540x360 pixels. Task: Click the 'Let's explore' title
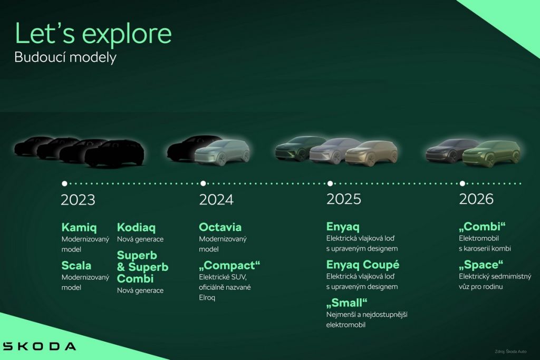click(93, 34)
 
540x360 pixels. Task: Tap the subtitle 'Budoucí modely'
click(65, 57)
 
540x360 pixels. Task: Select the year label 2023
click(78, 200)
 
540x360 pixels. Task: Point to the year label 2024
click(216, 200)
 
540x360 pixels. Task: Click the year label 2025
click(344, 199)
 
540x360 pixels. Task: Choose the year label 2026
click(476, 199)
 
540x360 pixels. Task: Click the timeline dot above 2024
click(203, 183)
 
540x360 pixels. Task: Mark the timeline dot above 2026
click(462, 183)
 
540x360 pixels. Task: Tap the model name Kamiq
click(79, 228)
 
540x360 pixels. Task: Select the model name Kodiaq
click(137, 228)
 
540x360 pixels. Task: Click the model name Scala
click(76, 265)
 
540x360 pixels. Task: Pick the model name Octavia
click(220, 227)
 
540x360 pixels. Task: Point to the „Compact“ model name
click(229, 265)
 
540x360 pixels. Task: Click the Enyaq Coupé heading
click(363, 265)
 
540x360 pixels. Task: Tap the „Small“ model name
click(347, 303)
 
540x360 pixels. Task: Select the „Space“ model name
click(481, 265)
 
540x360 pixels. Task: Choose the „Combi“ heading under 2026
click(482, 227)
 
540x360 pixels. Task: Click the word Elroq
click(207, 298)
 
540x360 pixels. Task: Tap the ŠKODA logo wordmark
click(39, 346)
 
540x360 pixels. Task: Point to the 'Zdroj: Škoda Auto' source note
click(510, 352)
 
